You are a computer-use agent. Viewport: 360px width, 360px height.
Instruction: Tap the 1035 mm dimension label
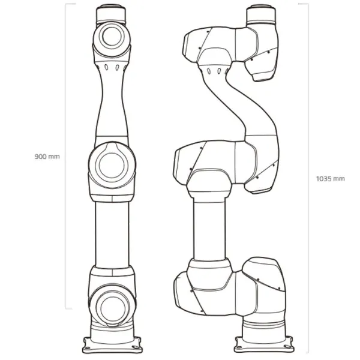330,178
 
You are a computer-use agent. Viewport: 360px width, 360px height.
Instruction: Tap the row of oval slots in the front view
112,67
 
